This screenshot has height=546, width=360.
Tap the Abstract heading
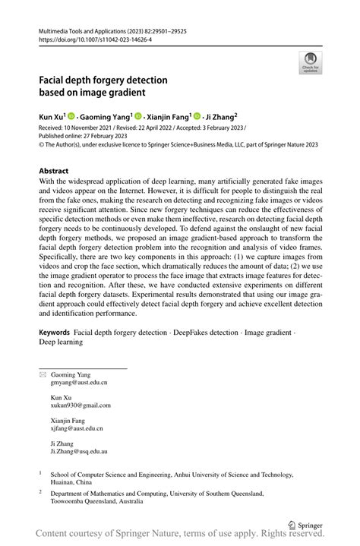[53, 172]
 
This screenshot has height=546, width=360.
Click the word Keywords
[54, 355]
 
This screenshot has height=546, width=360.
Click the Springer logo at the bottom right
[307, 524]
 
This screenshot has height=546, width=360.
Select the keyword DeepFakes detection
[215, 355]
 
